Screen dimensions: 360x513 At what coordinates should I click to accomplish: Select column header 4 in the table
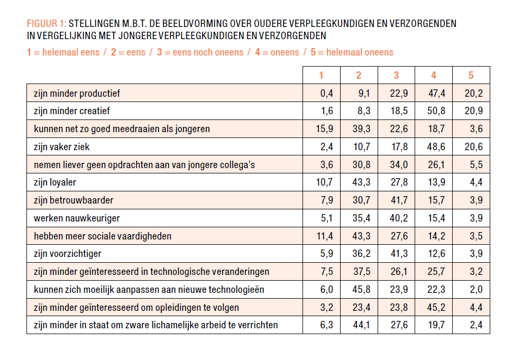pyautogui.click(x=434, y=75)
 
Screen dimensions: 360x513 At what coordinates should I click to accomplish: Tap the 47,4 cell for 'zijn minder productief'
pyautogui.click(x=434, y=94)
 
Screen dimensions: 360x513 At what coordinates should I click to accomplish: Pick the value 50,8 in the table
pyautogui.click(x=434, y=111)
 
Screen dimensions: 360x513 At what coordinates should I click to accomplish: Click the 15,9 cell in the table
pyautogui.click(x=322, y=129)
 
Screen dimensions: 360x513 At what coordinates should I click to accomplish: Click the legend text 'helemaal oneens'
pyautogui.click(x=360, y=52)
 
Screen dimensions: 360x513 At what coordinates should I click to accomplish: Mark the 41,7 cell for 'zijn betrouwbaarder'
pyautogui.click(x=397, y=200)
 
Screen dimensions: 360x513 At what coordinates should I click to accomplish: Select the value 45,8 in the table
pyautogui.click(x=359, y=289)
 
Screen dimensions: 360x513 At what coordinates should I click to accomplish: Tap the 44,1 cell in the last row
pyautogui.click(x=359, y=325)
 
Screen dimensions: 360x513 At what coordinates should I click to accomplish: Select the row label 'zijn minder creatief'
pyautogui.click(x=72, y=111)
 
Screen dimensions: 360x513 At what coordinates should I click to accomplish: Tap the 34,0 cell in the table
pyautogui.click(x=397, y=165)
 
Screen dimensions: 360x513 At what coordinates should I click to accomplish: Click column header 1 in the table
pyautogui.click(x=322, y=75)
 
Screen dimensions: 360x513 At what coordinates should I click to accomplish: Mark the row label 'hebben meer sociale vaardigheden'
pyautogui.click(x=103, y=236)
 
